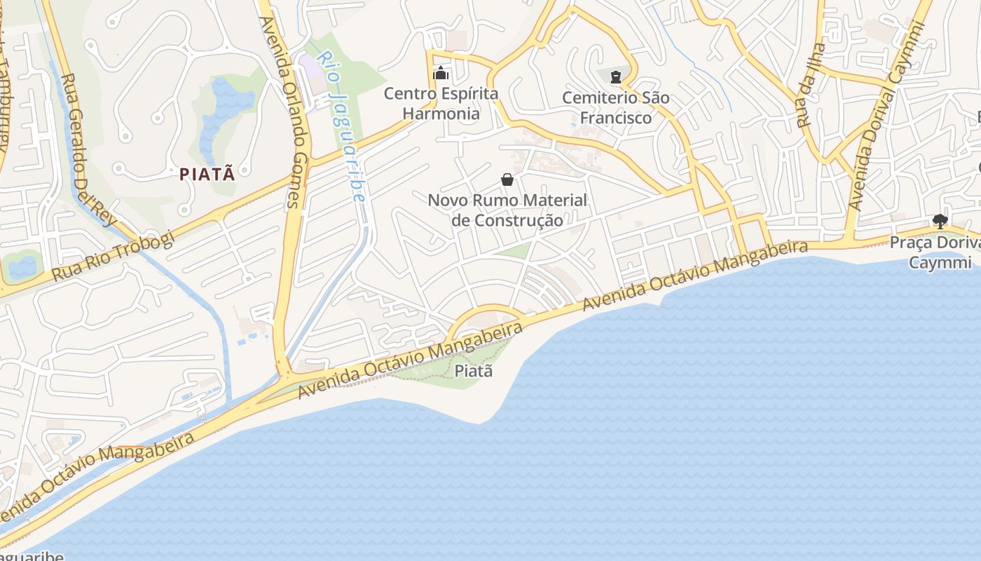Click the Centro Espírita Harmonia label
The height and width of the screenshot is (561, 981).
[441, 103]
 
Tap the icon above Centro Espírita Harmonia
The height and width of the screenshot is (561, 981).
[441, 73]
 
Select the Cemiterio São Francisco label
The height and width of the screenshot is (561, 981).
[616, 107]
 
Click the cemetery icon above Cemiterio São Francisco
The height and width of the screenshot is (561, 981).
[616, 76]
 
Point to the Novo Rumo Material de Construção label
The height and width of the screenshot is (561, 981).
[507, 210]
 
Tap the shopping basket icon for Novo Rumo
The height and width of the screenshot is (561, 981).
[507, 180]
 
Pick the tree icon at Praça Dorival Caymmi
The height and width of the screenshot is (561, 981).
[940, 222]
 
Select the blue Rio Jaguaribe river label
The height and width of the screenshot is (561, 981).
[342, 126]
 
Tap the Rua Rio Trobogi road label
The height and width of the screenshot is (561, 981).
[113, 256]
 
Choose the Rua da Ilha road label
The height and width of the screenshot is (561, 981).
[811, 86]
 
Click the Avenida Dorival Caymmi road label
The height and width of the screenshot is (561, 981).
[886, 116]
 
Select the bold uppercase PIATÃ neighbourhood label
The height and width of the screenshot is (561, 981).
[207, 174]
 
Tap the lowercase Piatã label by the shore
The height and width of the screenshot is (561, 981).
[474, 371]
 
